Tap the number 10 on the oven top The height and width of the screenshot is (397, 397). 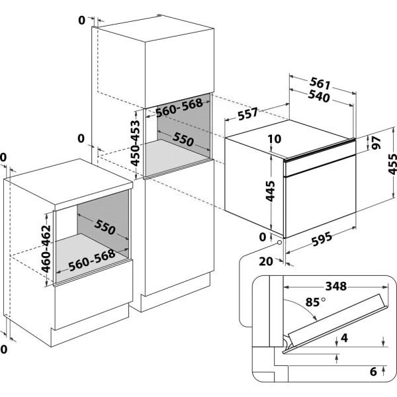click(x=275, y=140)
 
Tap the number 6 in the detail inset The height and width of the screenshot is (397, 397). click(x=373, y=373)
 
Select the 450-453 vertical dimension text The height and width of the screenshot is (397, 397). click(x=135, y=142)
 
